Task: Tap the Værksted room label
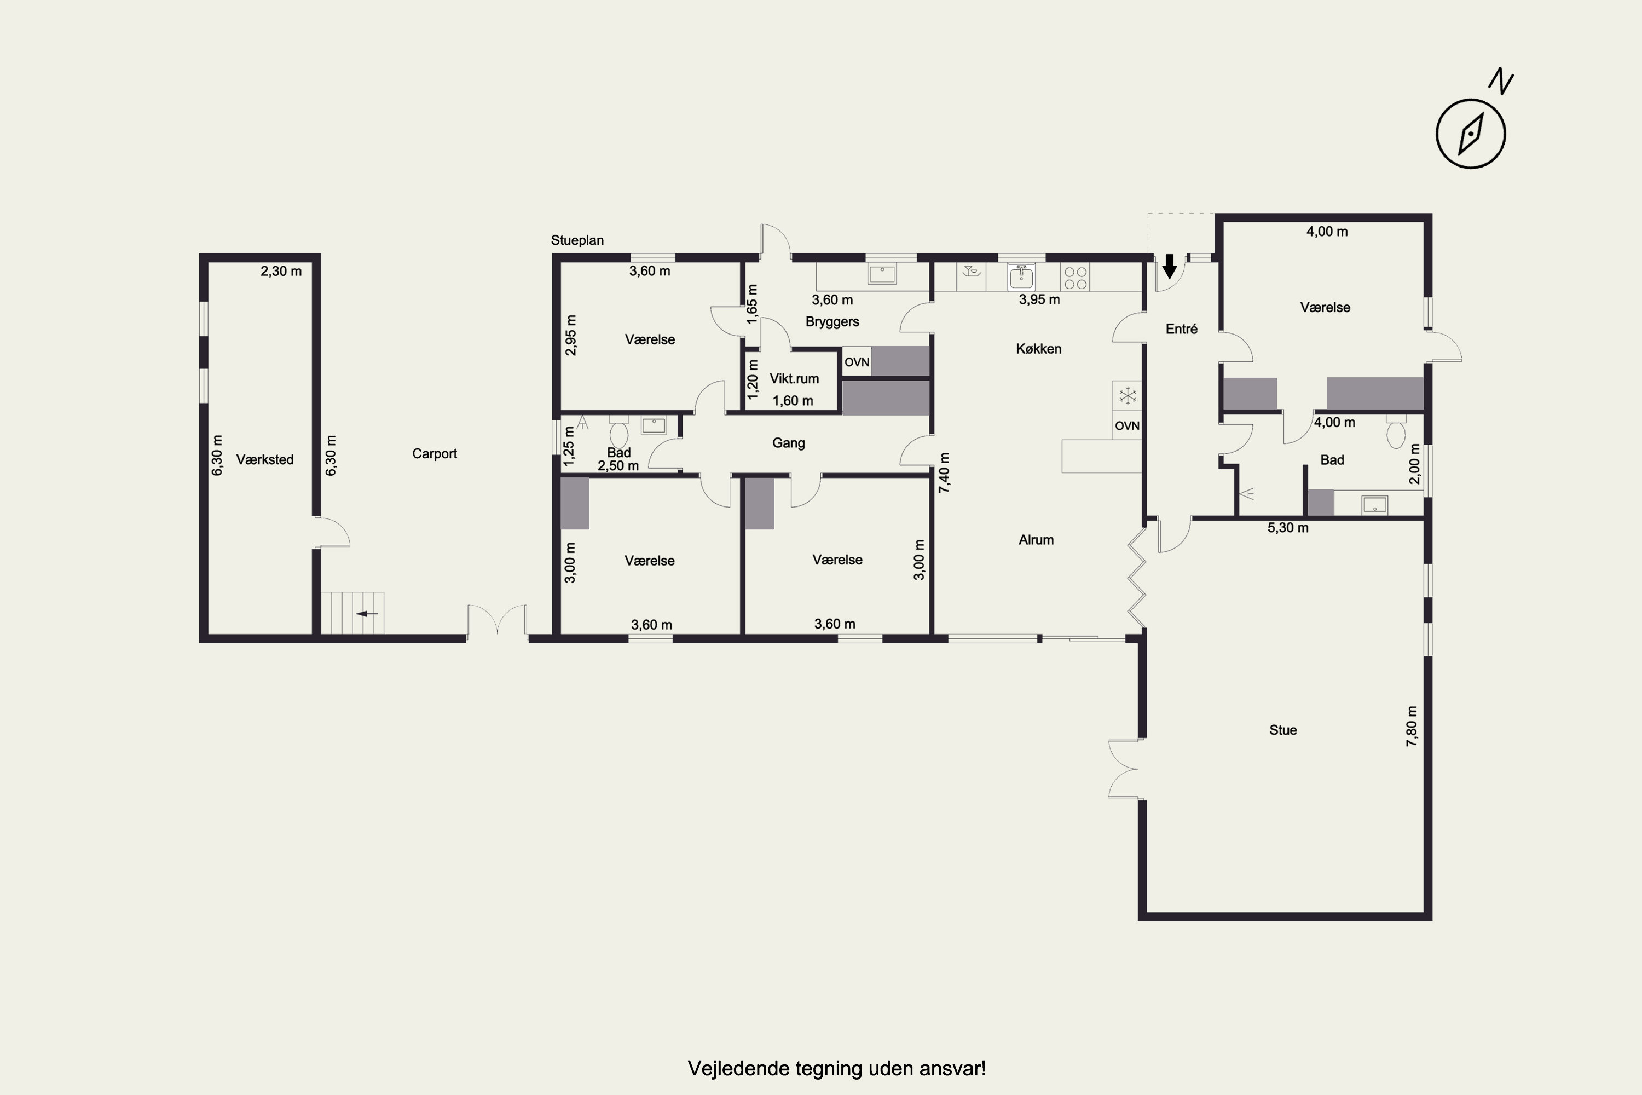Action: (x=264, y=459)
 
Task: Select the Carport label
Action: (x=434, y=454)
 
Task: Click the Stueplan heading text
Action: (x=577, y=240)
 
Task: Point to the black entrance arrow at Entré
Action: (x=1169, y=266)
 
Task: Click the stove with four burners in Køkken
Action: (x=1075, y=277)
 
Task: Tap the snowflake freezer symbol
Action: (x=1128, y=396)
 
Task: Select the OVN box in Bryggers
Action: (x=857, y=362)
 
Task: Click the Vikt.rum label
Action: (x=794, y=378)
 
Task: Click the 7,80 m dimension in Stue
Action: (x=1412, y=727)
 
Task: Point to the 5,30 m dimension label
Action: (x=1288, y=528)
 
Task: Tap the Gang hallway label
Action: (x=788, y=443)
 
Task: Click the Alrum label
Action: (x=1036, y=540)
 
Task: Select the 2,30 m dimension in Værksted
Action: (x=281, y=271)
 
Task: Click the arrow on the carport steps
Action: (x=367, y=614)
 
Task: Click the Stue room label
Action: (x=1283, y=730)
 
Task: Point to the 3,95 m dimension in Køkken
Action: (x=1039, y=299)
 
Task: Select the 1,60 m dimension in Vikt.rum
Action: (x=793, y=401)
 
